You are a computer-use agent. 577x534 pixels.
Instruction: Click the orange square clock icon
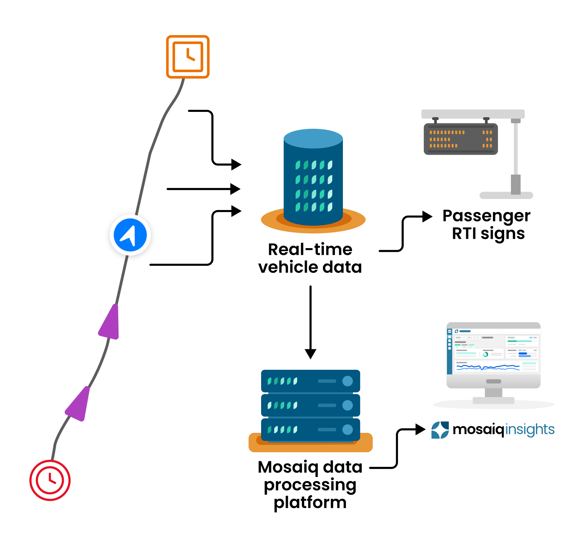tap(188, 57)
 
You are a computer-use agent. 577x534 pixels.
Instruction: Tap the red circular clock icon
tap(50, 480)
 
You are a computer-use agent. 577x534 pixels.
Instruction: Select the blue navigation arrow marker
tap(130, 235)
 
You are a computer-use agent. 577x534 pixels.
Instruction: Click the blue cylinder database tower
tap(313, 177)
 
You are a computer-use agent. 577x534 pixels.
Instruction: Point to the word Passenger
tap(486, 216)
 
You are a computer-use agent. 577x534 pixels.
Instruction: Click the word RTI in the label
tap(464, 233)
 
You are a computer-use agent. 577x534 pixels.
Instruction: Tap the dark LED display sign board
tap(460, 139)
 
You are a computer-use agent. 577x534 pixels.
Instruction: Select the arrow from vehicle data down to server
tap(311, 321)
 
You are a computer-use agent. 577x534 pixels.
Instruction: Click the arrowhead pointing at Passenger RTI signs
tap(427, 216)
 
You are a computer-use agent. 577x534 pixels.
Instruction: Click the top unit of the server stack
tap(311, 381)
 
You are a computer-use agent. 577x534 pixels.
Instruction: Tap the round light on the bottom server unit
tap(348, 429)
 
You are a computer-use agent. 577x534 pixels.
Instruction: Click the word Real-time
tap(310, 249)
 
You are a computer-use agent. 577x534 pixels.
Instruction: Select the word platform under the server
tap(310, 502)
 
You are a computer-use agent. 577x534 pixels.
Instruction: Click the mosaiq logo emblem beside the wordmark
tap(440, 430)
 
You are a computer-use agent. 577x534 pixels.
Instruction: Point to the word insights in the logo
tap(530, 429)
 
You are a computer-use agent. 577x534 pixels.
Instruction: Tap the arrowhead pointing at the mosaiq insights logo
tap(420, 429)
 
